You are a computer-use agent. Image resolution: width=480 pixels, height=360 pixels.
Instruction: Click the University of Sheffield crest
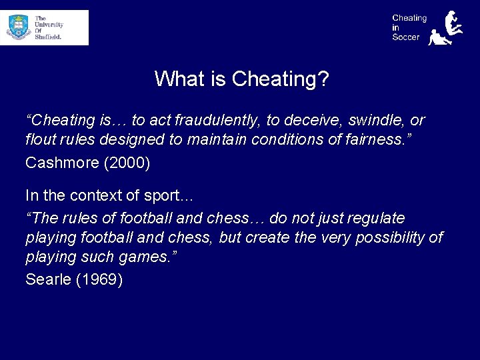tap(19, 27)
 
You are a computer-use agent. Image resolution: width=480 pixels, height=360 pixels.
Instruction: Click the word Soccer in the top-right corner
tap(406, 37)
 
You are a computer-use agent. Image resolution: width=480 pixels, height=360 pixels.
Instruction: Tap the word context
tap(93, 196)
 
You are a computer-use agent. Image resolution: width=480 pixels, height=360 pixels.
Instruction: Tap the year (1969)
tap(99, 279)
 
